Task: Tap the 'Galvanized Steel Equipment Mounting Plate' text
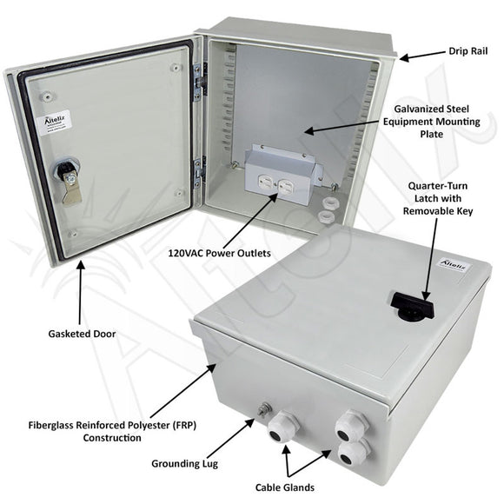[431, 122]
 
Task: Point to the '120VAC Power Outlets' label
[219, 253]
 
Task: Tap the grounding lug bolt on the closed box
[265, 408]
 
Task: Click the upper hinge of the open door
[199, 77]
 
